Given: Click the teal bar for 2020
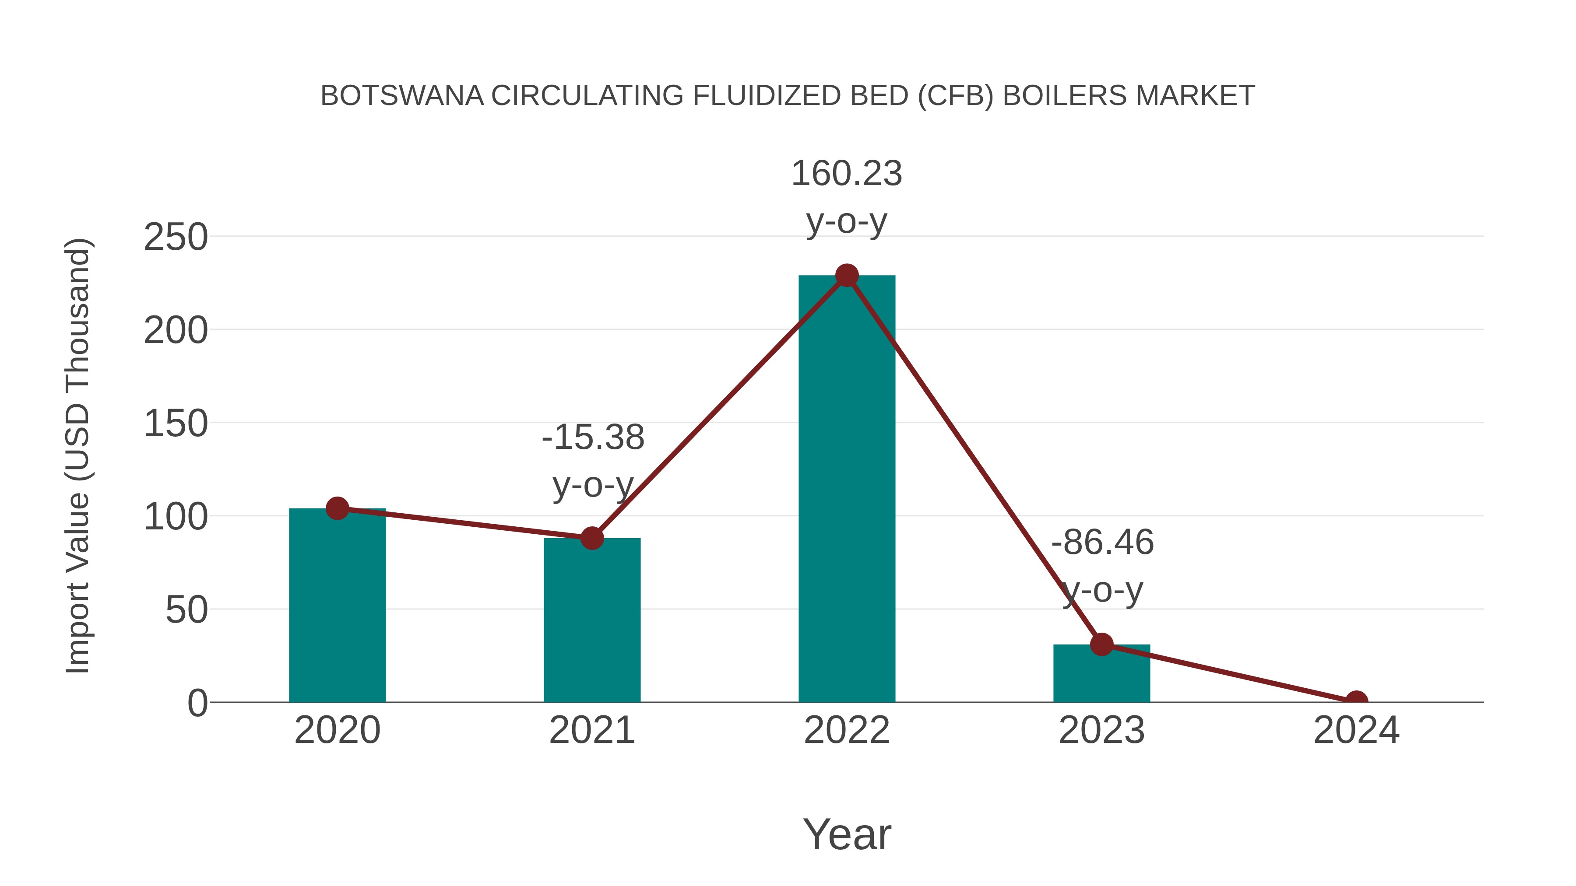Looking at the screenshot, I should [337, 606].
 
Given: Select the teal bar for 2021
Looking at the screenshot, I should [591, 620].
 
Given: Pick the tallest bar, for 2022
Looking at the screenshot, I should [847, 489].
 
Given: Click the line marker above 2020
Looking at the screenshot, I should [337, 508].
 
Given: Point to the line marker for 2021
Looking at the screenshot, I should [591, 538].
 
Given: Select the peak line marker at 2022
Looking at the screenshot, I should [847, 276].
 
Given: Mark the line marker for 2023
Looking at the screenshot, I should [1101, 644].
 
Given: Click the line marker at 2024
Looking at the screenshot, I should [1356, 701].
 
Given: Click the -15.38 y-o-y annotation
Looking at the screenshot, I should [593, 461].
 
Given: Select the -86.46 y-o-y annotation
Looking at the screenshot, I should [1102, 566].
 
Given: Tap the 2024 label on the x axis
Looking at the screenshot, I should [1356, 730].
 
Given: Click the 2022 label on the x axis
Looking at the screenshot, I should [847, 730].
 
